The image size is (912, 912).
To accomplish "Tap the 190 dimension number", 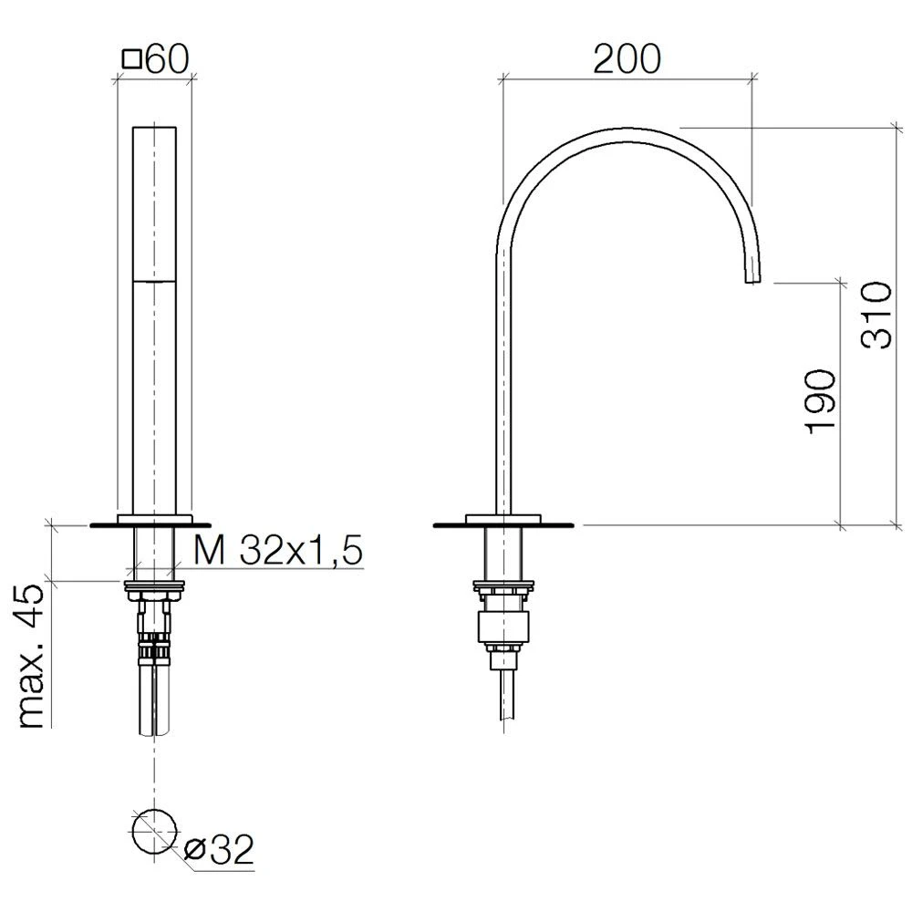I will pyautogui.click(x=820, y=401).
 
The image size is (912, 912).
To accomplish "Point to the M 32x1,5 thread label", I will pyautogui.click(x=278, y=550).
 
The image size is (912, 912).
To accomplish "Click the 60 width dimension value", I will pyautogui.click(x=166, y=61).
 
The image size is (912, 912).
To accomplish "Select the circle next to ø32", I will pyautogui.click(x=153, y=829).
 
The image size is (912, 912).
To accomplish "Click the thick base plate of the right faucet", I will pyautogui.click(x=503, y=524).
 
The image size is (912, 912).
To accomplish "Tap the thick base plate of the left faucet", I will pyautogui.click(x=150, y=524).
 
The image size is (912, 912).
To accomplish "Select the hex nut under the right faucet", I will pyautogui.click(x=503, y=628).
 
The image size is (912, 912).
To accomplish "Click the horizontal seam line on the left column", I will pyautogui.click(x=155, y=283).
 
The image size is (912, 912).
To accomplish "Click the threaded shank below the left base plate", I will pyautogui.click(x=155, y=553).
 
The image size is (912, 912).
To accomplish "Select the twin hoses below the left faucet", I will pyautogui.click(x=155, y=698).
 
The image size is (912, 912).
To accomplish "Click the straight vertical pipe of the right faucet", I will pyautogui.click(x=503, y=383).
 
